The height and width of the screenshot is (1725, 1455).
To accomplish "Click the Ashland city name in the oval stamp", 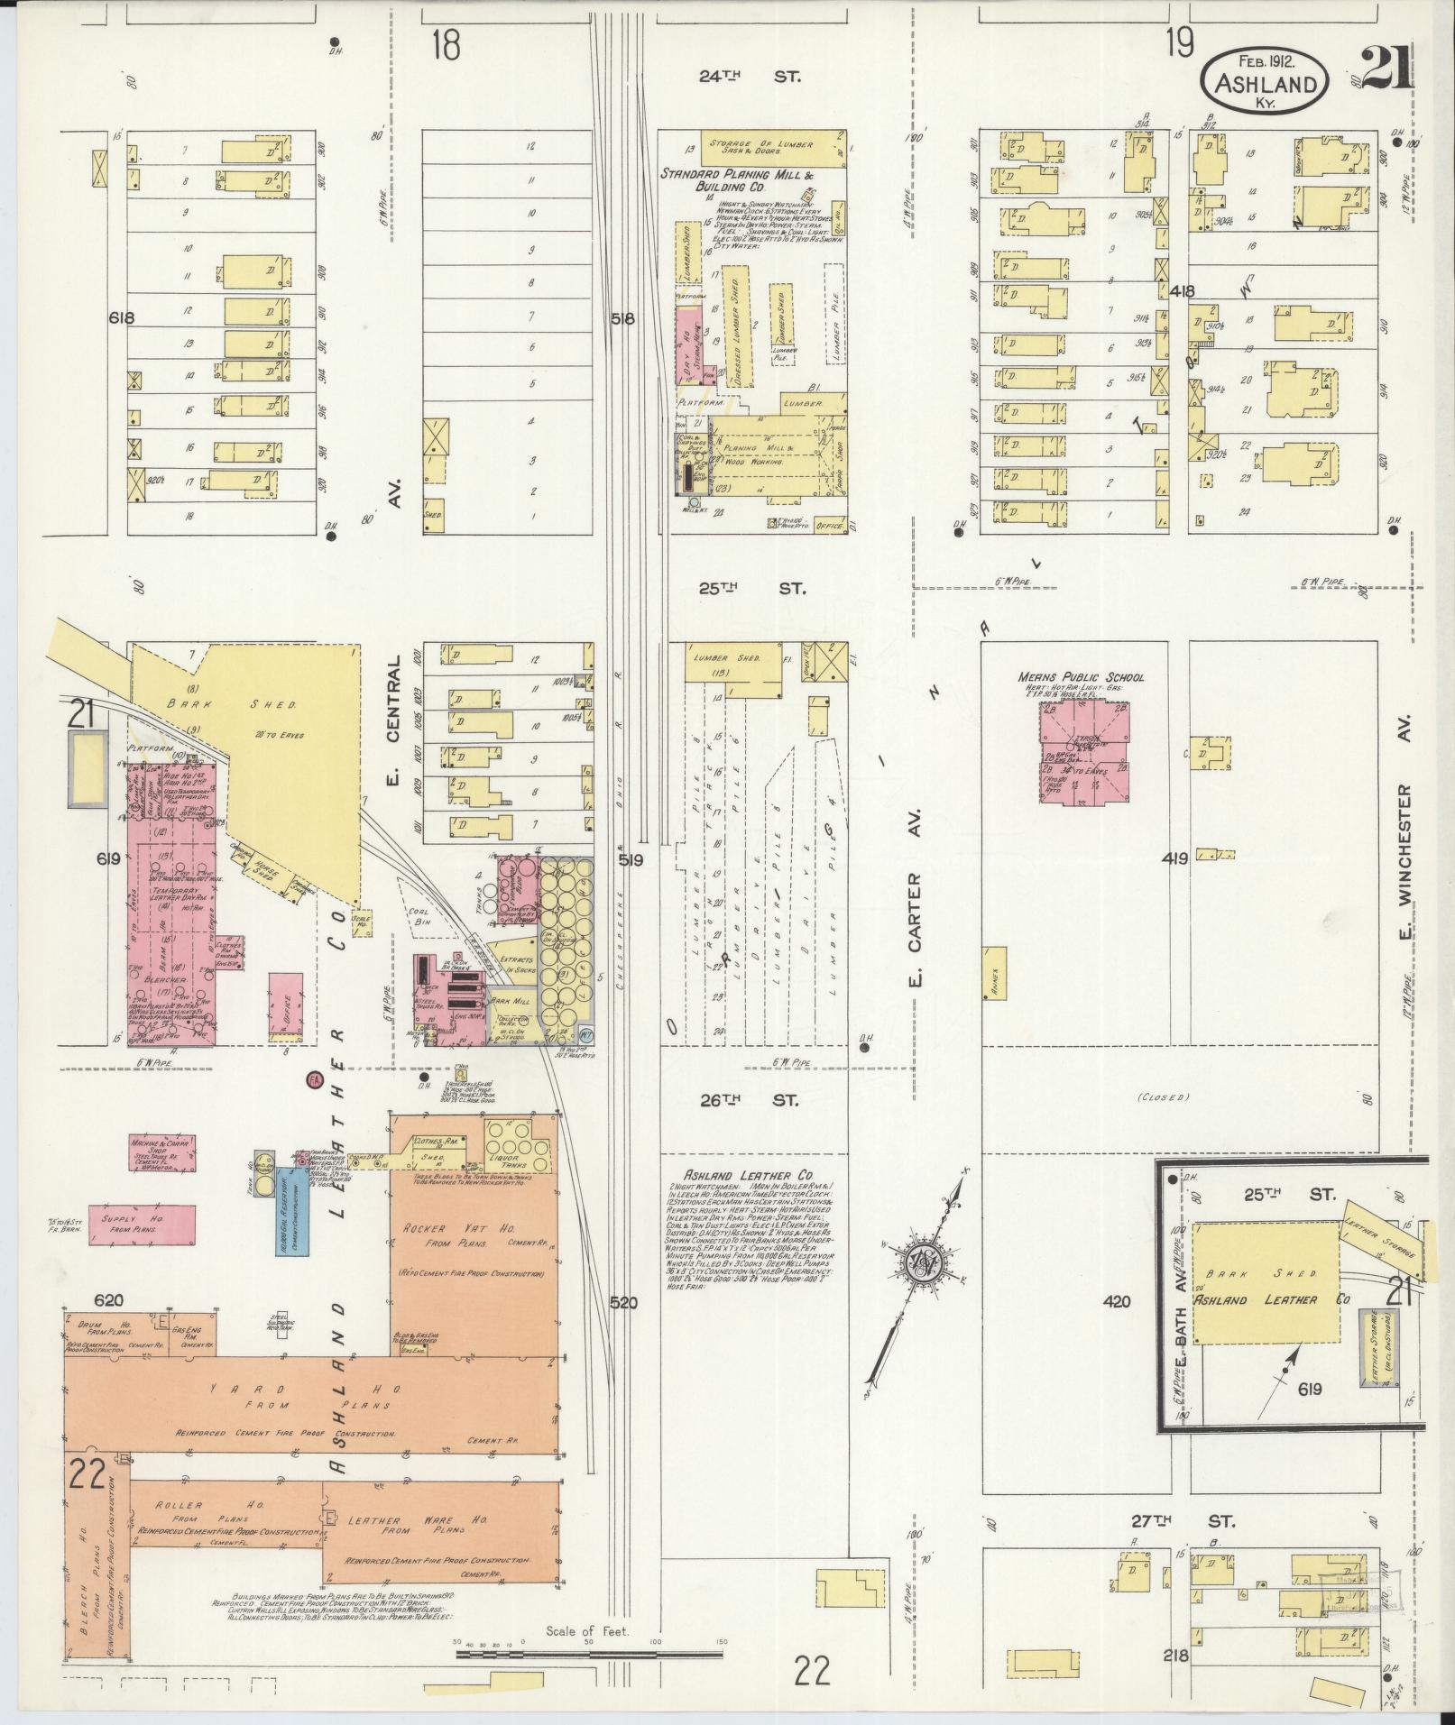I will click(x=1263, y=84).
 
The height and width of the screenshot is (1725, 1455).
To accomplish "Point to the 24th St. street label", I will click(x=750, y=77).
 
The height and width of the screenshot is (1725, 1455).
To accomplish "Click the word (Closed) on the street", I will click(x=1164, y=1097).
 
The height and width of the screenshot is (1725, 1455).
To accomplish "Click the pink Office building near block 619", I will click(x=286, y=1006).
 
